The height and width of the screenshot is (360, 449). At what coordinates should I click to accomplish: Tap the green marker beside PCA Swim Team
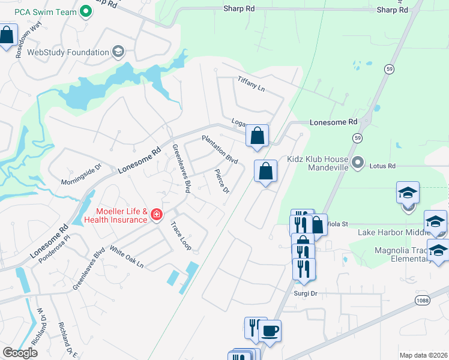tap(86, 11)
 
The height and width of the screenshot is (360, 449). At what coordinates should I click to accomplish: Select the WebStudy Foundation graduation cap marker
tap(118, 52)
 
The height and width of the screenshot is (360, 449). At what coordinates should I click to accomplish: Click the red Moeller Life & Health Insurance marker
tap(156, 214)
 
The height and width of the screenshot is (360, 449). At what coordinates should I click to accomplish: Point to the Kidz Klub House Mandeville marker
tap(358, 162)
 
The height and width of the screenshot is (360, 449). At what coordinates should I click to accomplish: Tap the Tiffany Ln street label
tap(251, 84)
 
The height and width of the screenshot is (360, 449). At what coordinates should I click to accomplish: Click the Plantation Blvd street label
tap(220, 150)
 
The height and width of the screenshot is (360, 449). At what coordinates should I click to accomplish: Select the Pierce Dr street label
tap(222, 182)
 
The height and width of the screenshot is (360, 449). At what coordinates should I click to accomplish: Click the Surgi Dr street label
tap(305, 293)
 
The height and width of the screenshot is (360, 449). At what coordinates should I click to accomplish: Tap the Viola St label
tap(337, 224)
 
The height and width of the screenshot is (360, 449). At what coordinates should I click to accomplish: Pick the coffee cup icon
tap(270, 331)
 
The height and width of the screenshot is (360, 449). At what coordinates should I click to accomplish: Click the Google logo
tap(20, 353)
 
